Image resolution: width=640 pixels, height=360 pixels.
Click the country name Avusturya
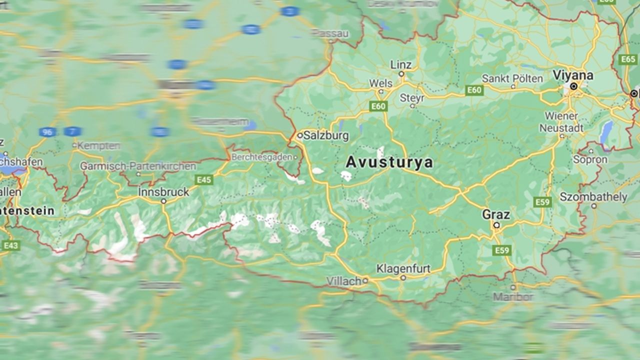[x=389, y=162]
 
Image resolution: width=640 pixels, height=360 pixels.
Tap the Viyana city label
[x=572, y=75]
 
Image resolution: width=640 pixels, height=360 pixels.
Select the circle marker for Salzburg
[x=300, y=135]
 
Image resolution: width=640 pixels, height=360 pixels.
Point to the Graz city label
[x=496, y=215]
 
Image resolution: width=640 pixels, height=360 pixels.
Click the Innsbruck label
[x=164, y=192]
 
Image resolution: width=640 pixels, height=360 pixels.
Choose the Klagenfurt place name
[x=403, y=269]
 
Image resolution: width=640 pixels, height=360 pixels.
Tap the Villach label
[x=344, y=281]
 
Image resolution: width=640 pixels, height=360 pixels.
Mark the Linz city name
[x=401, y=65]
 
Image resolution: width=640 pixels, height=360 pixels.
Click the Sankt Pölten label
[x=512, y=78]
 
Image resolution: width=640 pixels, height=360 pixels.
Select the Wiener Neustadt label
[x=561, y=122]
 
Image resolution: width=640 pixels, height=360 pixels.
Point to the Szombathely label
[x=593, y=197]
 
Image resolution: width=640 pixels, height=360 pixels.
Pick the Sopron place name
[x=590, y=160]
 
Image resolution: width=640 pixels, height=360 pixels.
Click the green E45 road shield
[x=204, y=180]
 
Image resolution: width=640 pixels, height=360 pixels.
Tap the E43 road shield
[x=11, y=245]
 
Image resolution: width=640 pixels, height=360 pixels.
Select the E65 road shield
[x=628, y=59]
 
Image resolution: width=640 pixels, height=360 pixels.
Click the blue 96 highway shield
[x=47, y=132]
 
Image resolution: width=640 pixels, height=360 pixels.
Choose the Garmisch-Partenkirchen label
[x=138, y=166]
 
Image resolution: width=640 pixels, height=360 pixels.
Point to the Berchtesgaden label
[x=261, y=157]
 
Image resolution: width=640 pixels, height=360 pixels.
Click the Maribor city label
[x=513, y=297]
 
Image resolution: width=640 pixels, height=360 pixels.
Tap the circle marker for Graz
[x=496, y=225]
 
